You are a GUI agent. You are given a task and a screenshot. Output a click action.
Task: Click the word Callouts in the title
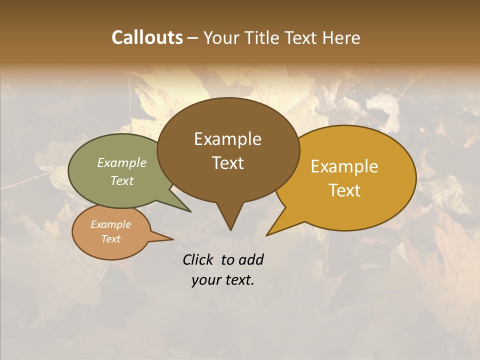pyautogui.click(x=147, y=37)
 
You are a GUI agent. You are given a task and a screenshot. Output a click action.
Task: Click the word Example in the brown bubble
pyautogui.click(x=227, y=139)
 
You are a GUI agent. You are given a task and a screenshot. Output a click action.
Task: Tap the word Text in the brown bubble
pyautogui.click(x=227, y=163)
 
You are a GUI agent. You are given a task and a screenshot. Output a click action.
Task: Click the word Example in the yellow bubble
pyautogui.click(x=344, y=166)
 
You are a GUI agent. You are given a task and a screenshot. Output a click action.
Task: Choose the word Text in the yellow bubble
pyautogui.click(x=344, y=190)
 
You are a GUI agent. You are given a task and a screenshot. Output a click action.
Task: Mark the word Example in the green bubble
pyautogui.click(x=121, y=163)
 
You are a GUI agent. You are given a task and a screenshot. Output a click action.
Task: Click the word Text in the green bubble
pyautogui.click(x=121, y=181)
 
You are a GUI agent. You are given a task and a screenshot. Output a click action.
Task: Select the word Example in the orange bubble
pyautogui.click(x=110, y=224)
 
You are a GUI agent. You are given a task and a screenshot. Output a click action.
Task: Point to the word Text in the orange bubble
pyautogui.click(x=110, y=239)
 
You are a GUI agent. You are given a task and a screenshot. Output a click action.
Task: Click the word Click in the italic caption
pyautogui.click(x=199, y=259)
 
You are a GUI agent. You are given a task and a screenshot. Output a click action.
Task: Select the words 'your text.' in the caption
pyautogui.click(x=222, y=280)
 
